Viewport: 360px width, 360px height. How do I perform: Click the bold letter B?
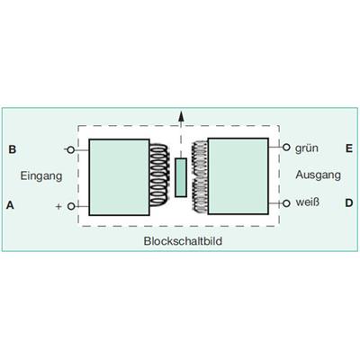(13, 149)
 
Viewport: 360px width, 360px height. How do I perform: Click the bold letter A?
(11, 205)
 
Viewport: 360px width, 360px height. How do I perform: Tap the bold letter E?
(349, 148)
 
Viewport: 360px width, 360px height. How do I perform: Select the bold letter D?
(349, 203)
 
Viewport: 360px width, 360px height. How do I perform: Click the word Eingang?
(41, 176)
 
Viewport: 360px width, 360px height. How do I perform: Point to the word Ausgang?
(319, 175)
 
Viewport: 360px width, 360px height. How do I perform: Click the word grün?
(307, 148)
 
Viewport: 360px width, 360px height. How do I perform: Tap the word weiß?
(308, 202)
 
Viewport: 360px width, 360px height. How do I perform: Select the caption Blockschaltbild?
(183, 241)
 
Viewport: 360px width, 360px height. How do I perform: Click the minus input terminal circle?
(70, 149)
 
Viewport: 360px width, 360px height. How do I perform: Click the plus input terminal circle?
(71, 206)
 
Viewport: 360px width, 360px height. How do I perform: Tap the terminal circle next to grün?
(286, 148)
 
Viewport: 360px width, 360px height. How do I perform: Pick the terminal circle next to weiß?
(286, 203)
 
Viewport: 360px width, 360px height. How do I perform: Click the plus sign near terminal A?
(58, 206)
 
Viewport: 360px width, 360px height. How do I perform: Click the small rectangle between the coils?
(181, 177)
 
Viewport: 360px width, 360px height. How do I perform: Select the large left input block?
(119, 177)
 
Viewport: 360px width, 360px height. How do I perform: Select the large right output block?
(238, 176)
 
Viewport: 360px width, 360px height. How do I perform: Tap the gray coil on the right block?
(200, 175)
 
